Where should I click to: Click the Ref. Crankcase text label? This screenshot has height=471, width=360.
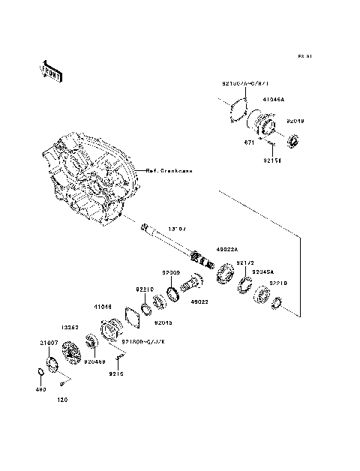pyautogui.click(x=168, y=171)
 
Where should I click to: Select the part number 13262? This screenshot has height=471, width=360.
pyautogui.click(x=70, y=327)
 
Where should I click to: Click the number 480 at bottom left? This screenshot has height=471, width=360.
pyautogui.click(x=41, y=390)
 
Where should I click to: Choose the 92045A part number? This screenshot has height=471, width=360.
pyautogui.click(x=262, y=271)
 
